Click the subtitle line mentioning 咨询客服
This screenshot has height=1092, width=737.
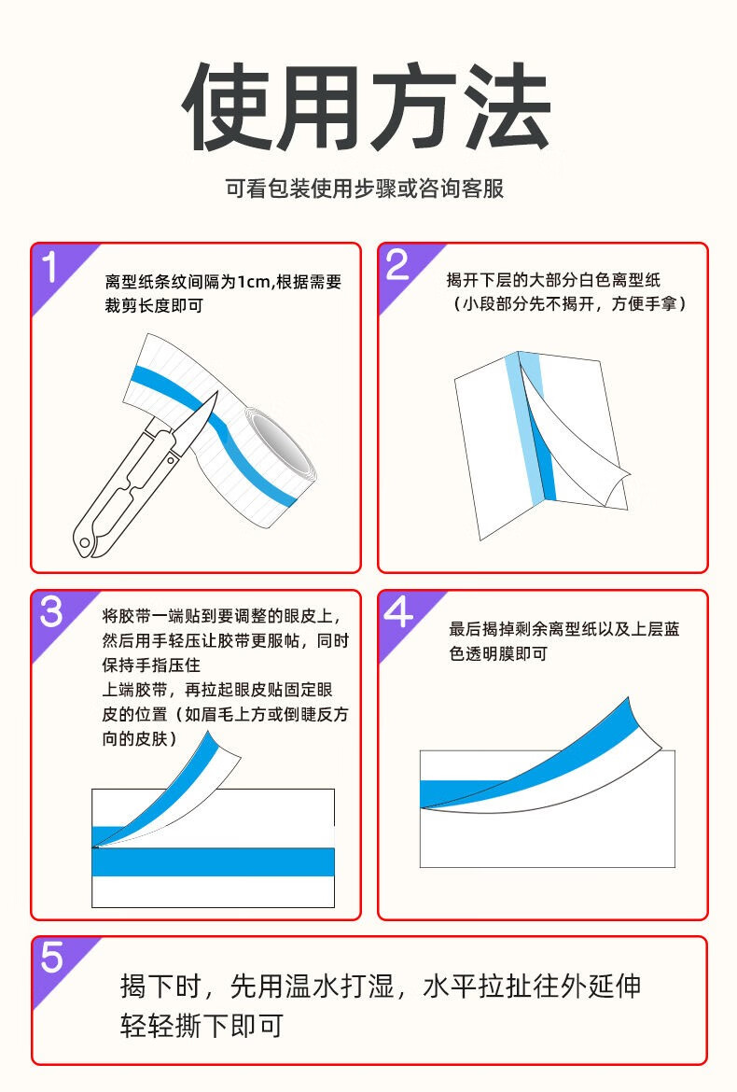point(365,188)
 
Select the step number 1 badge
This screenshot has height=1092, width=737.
point(50,267)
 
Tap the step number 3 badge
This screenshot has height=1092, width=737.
point(50,612)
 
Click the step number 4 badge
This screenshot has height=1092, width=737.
point(398,612)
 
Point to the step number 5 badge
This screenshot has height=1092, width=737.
point(51,958)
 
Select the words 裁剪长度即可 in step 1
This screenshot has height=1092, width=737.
point(154,306)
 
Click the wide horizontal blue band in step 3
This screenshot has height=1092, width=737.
point(213,861)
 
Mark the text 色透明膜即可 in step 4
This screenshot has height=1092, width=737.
point(498,654)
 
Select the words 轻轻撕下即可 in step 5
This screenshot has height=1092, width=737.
point(202,1026)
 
